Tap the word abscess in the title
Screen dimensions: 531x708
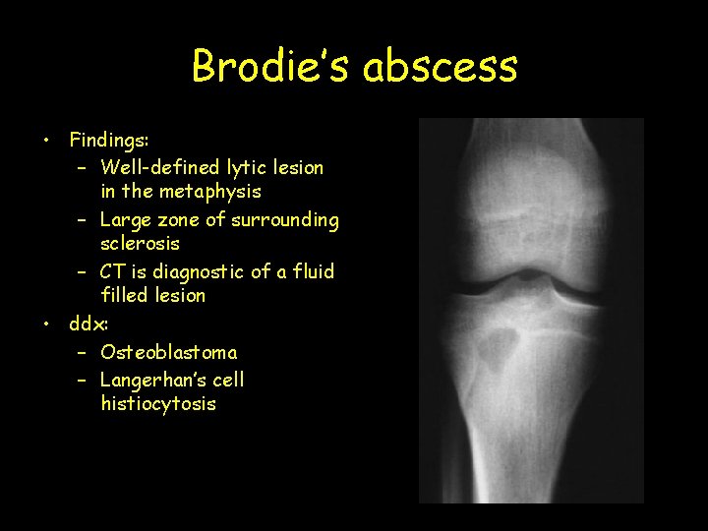[440, 67]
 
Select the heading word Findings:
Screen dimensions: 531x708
[108, 141]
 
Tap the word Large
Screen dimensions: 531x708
[125, 220]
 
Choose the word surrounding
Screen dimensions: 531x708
[285, 220]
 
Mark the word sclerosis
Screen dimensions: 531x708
[140, 243]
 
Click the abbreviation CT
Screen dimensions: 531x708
[114, 271]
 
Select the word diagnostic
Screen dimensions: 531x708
[209, 271]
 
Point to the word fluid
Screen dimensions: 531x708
[313, 271]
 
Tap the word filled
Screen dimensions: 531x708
[124, 295]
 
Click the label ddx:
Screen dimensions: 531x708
[89, 323]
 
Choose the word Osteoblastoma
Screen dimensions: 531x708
[168, 352]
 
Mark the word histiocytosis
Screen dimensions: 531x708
[157, 403]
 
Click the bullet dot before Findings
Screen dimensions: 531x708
[46, 141]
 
